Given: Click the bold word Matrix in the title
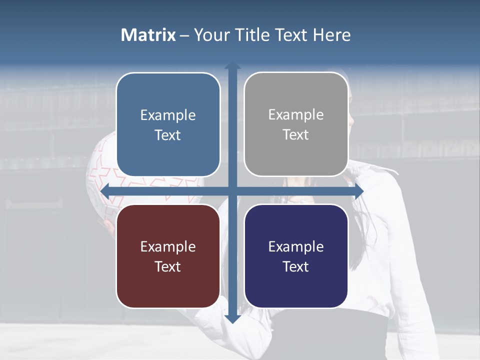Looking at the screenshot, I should [148, 35].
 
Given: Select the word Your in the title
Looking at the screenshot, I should [209, 35].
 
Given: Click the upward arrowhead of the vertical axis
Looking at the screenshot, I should [232, 65].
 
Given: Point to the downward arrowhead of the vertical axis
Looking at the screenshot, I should [232, 318].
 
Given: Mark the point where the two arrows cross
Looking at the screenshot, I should [232, 191].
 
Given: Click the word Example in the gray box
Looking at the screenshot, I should [296, 115].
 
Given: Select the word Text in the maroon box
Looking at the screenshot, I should [168, 266].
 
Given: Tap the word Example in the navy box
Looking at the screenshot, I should [296, 246].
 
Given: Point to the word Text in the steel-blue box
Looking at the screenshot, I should [168, 135].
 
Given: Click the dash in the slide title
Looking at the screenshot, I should [184, 35].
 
